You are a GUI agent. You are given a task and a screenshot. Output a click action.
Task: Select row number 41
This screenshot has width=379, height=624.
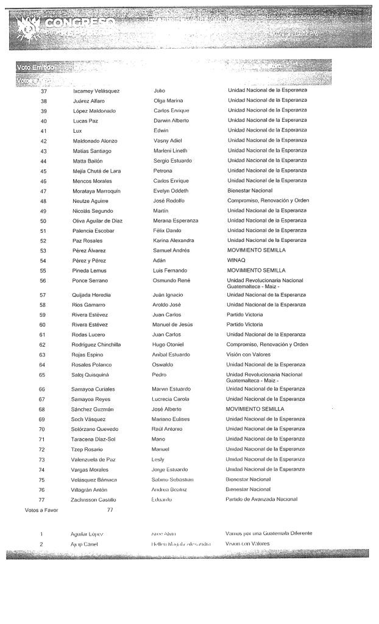click(43, 130)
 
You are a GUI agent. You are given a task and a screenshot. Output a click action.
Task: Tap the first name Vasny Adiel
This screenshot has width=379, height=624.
click(169, 141)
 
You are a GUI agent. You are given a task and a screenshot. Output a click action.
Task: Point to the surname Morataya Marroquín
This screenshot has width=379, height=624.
click(99, 191)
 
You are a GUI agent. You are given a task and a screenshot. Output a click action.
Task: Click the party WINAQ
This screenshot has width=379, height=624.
click(235, 260)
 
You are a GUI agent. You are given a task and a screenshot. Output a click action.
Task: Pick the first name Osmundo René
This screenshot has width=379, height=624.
click(172, 280)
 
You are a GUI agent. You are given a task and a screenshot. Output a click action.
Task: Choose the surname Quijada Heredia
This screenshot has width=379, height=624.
click(92, 295)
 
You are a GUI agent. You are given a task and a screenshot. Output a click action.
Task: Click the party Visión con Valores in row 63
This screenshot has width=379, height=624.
click(249, 354)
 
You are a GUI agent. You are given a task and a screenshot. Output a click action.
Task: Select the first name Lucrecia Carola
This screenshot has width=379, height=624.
click(173, 399)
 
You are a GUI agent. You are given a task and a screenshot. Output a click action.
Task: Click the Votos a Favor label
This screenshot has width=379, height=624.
click(41, 509)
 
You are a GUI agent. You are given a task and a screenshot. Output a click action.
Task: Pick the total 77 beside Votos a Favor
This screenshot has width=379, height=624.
click(110, 509)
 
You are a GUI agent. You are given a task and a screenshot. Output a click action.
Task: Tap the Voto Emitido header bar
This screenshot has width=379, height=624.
click(36, 65)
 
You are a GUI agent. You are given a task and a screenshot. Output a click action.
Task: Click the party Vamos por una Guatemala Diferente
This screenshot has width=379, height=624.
click(269, 533)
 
